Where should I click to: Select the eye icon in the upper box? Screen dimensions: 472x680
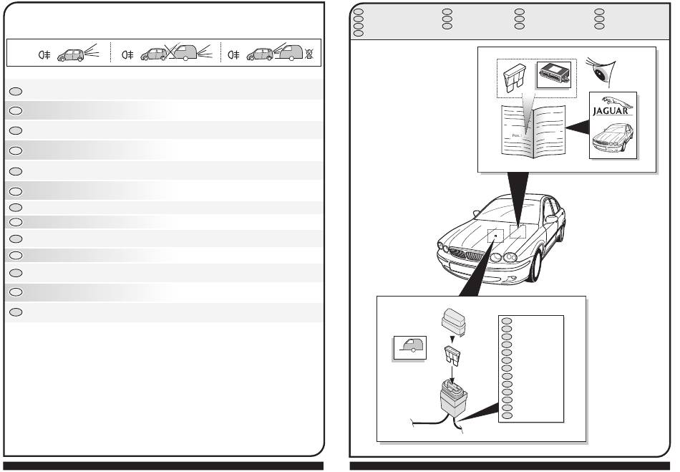(x=601, y=70)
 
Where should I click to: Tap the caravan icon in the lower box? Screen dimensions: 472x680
(x=410, y=348)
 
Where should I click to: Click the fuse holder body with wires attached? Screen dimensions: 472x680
(x=455, y=399)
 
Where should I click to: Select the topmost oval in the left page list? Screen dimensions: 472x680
(x=18, y=90)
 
